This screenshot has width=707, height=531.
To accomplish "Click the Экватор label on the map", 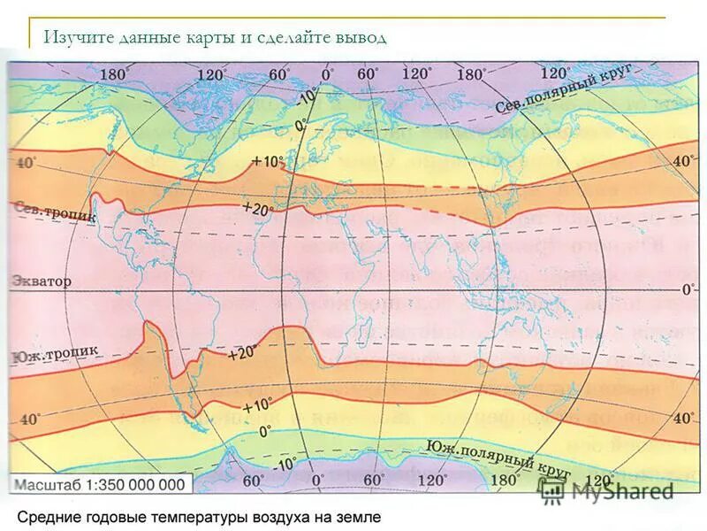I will coord(41,281).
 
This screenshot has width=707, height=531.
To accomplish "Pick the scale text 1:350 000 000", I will coord(136,484).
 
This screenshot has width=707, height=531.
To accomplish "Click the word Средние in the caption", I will coord(52,515).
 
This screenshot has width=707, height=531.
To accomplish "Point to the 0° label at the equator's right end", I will coord(688,289).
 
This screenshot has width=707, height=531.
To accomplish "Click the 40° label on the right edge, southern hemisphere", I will coord(684,417).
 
